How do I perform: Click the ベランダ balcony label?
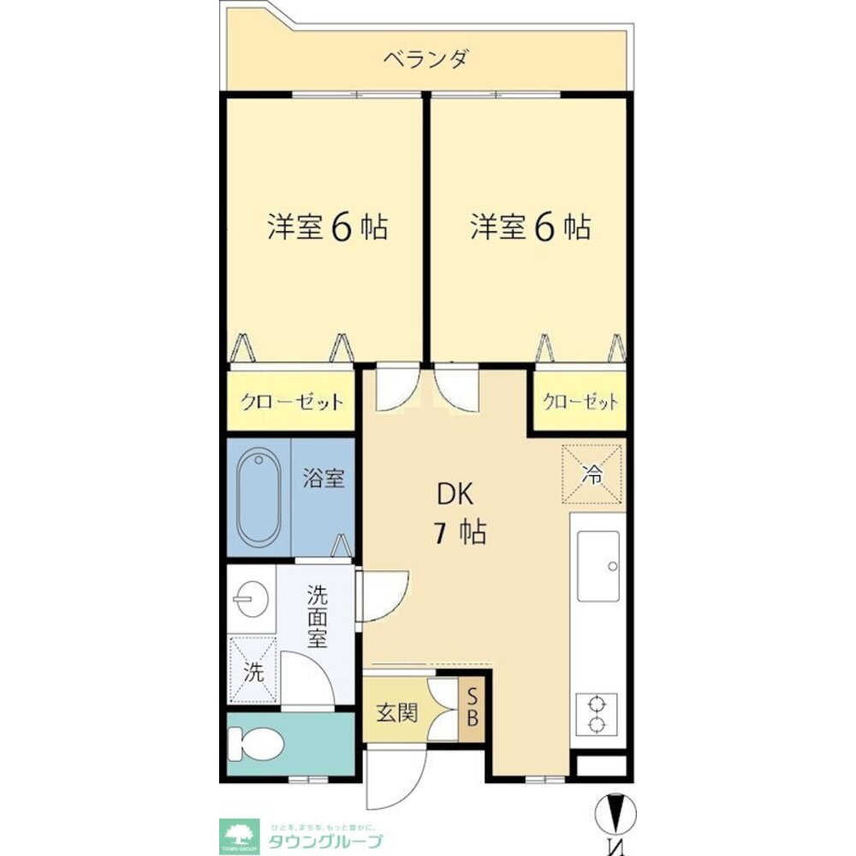point(425,60)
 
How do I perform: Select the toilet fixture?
point(258,744)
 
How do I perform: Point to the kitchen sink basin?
point(598,566)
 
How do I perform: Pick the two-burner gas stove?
point(596,713)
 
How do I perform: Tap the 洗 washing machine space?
point(253,670)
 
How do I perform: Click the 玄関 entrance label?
point(398,712)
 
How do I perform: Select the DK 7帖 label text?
point(461,514)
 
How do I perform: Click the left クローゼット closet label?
point(291,401)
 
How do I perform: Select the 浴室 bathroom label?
point(324,478)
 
